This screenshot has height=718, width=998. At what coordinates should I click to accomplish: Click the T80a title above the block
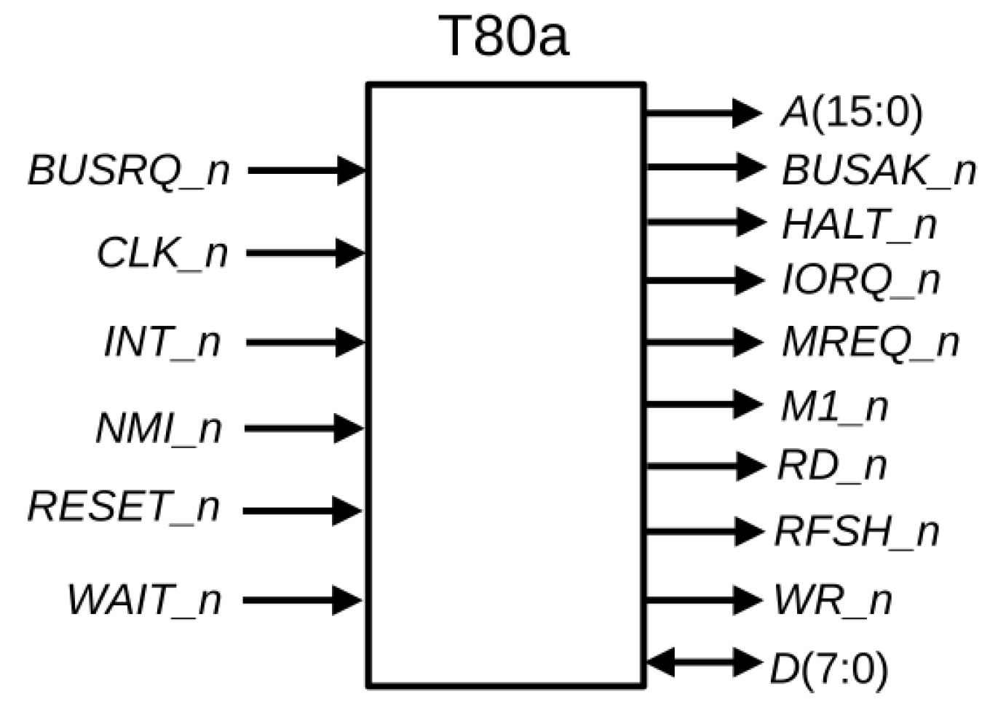tap(504, 36)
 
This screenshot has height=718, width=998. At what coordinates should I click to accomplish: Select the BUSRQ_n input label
tap(129, 171)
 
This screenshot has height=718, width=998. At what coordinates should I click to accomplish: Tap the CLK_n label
tap(162, 254)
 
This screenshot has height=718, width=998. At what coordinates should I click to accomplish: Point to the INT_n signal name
tap(162, 342)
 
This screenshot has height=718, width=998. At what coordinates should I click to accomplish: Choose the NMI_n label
tap(158, 428)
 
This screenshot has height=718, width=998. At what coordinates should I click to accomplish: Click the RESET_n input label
tap(123, 507)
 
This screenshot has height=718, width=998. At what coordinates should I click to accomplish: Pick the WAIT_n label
tap(144, 601)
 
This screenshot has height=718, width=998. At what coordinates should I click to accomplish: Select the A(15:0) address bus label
tap(851, 113)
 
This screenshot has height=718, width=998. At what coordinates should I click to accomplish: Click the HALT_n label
tap(859, 225)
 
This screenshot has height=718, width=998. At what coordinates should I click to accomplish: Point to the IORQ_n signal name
tap(860, 280)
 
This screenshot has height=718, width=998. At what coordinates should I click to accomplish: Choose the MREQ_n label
tap(870, 342)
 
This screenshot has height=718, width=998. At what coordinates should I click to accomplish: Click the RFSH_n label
tap(857, 532)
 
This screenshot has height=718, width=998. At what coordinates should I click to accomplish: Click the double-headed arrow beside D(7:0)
tap(702, 663)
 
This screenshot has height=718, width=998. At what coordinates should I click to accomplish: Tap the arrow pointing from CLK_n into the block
tap(305, 253)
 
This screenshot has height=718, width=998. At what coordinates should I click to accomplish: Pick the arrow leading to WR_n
tap(702, 600)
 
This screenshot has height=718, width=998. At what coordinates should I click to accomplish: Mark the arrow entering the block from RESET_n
tap(302, 511)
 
